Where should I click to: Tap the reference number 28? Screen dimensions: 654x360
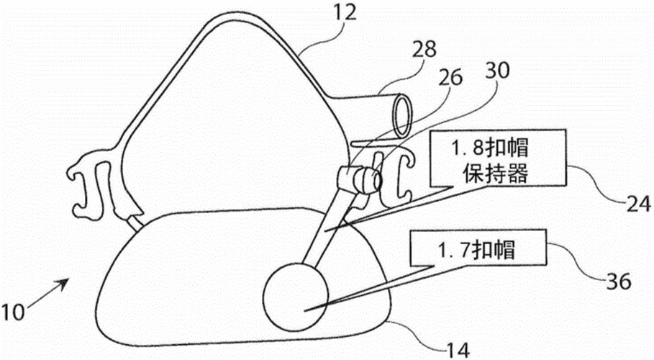(x=424, y=49)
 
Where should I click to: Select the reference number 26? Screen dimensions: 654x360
(x=450, y=77)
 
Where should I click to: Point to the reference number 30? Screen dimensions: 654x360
(x=498, y=71)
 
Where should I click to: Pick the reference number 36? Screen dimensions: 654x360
(x=619, y=282)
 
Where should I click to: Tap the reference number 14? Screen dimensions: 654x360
(x=458, y=349)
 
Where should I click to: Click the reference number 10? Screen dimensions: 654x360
(x=14, y=312)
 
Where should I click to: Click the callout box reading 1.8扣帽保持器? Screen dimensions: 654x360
(x=499, y=158)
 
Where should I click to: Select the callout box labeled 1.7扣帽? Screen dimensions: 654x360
(x=478, y=247)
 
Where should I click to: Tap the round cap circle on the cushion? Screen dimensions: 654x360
(x=295, y=297)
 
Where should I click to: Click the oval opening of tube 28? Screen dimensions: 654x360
(x=403, y=116)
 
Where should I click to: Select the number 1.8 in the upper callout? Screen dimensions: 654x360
(x=469, y=148)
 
